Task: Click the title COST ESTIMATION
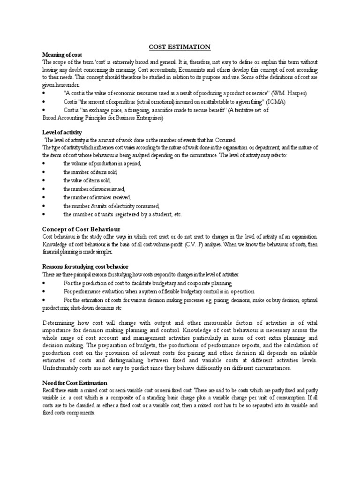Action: click(180, 47)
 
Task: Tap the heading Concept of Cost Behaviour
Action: click(76, 228)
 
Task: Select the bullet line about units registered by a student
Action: click(122, 215)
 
